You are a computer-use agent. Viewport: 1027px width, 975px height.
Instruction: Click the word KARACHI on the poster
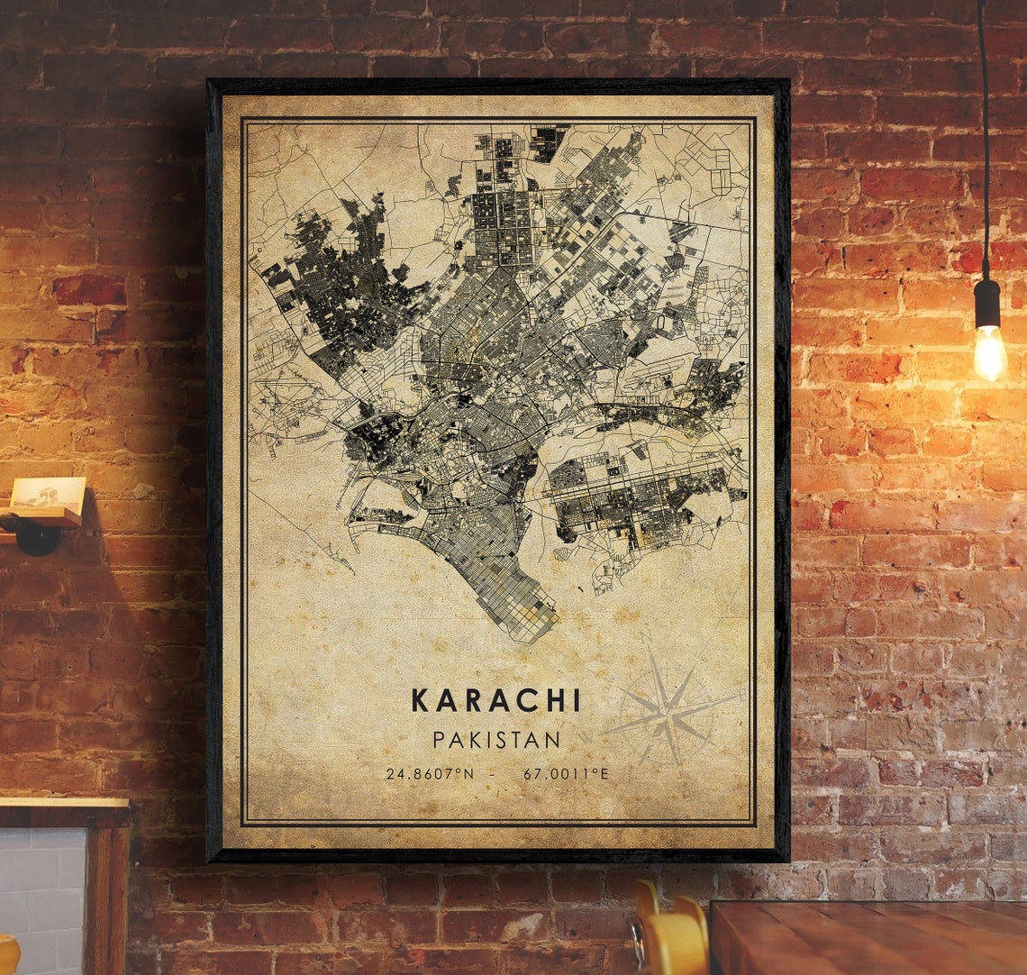click(x=496, y=701)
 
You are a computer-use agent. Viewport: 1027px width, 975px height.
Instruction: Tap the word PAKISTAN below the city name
click(x=496, y=740)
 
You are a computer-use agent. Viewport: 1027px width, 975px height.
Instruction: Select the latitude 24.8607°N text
click(x=429, y=773)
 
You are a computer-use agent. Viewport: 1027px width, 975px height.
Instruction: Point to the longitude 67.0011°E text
click(x=566, y=773)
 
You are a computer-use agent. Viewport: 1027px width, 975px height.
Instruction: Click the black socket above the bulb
click(x=987, y=303)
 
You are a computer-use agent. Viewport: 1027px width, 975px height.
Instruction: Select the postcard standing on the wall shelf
click(x=50, y=494)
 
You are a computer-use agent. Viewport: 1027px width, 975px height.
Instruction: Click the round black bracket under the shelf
click(x=36, y=536)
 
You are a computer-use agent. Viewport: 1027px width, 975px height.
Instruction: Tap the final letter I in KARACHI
click(x=576, y=701)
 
